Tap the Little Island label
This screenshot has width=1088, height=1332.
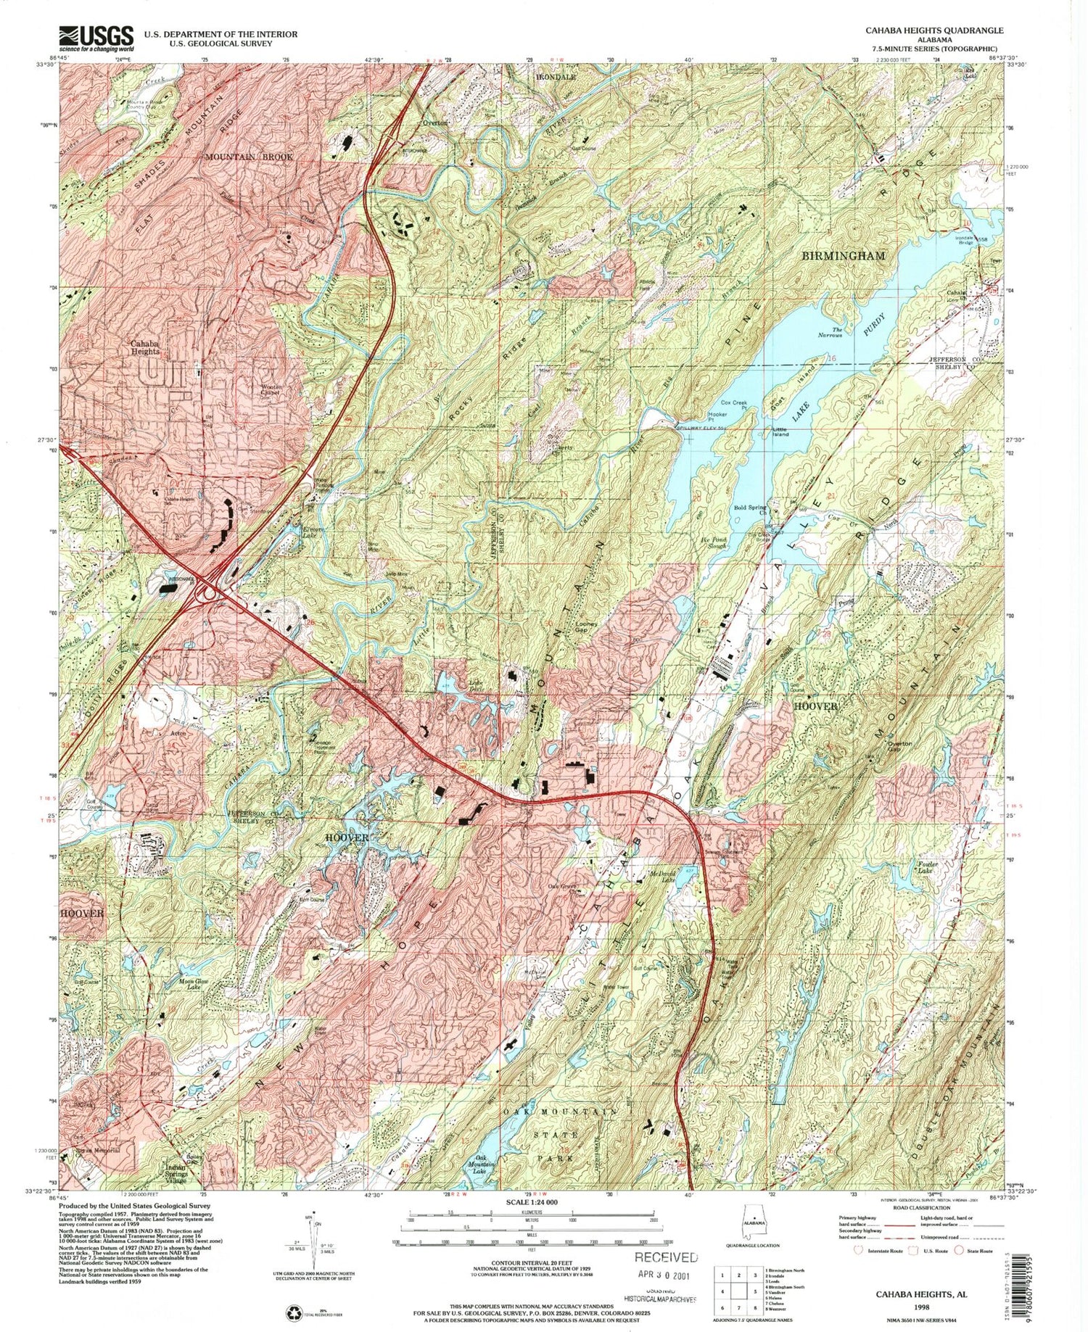(x=780, y=433)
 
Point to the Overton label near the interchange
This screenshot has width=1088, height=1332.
(x=435, y=123)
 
